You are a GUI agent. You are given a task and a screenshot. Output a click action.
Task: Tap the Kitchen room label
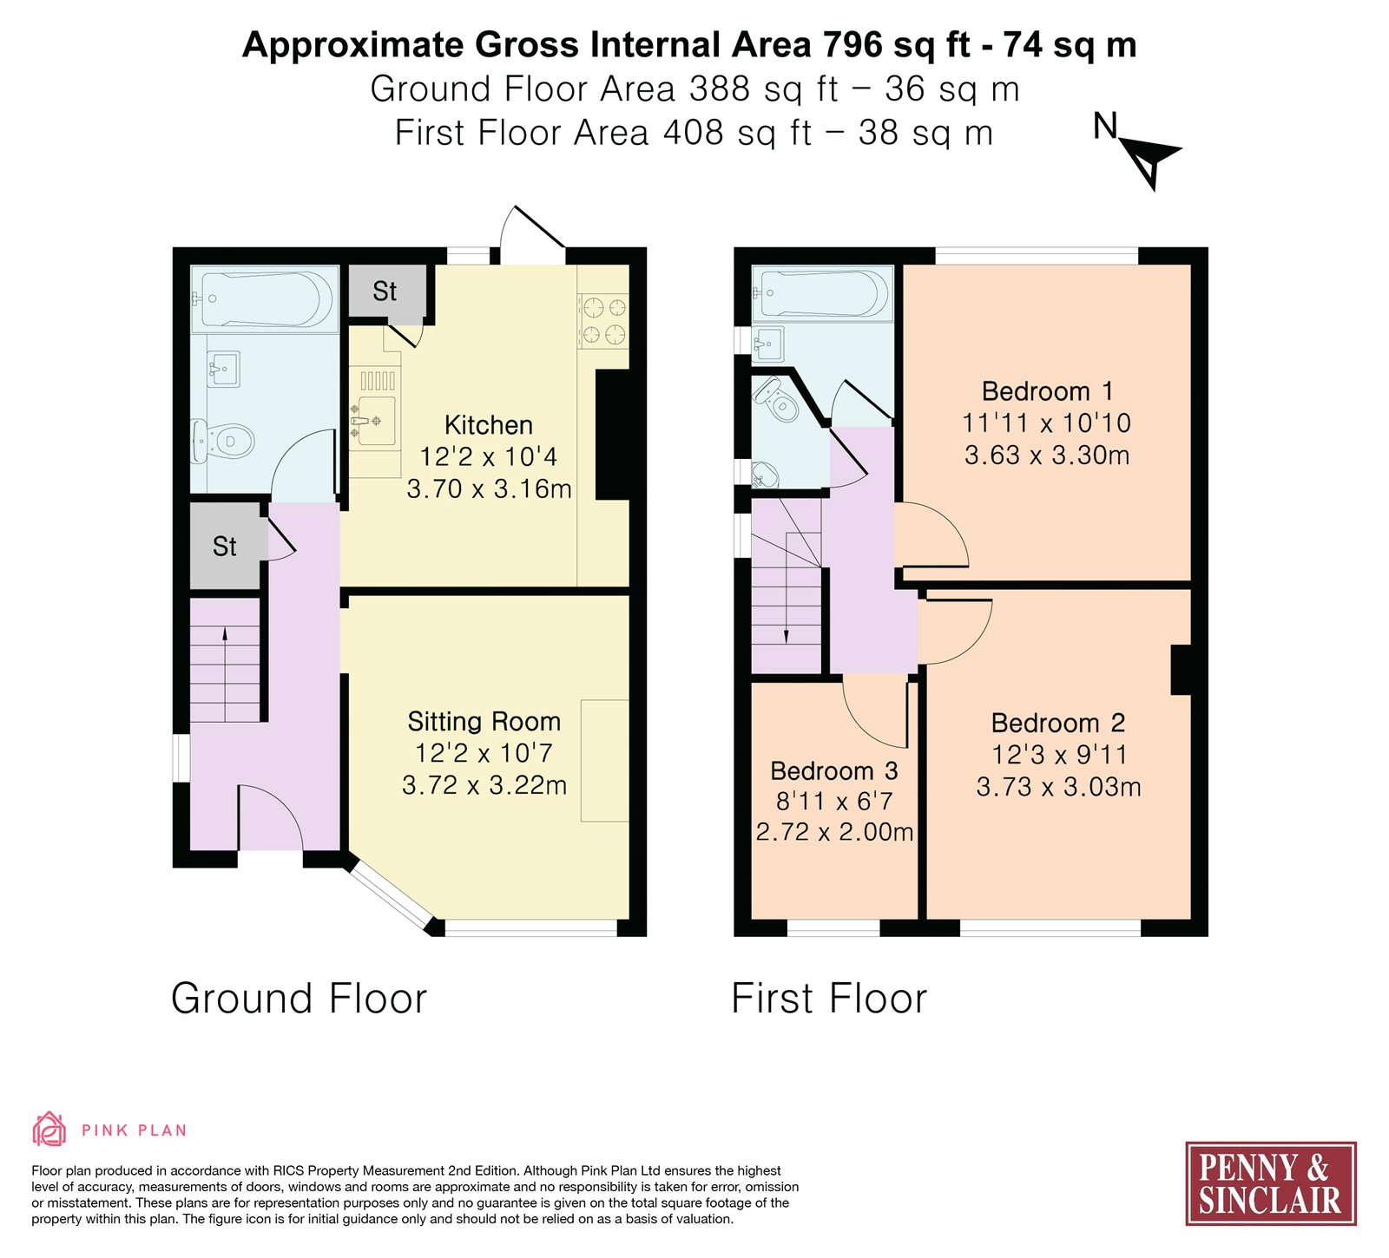(489, 425)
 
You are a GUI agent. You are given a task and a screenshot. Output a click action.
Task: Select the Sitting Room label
(484, 722)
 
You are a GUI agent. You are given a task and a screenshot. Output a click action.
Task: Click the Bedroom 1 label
(1047, 391)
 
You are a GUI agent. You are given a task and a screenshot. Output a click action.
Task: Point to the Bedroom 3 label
(834, 770)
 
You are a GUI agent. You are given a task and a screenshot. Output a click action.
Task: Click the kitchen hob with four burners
(603, 320)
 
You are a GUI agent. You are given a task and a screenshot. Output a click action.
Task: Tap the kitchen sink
(374, 421)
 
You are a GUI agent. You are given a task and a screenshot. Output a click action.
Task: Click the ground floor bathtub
(264, 299)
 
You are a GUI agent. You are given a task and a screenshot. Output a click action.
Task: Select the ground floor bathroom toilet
(223, 441)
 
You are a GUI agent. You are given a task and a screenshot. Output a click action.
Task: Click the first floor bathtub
(822, 293)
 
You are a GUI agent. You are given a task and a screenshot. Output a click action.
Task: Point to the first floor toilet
(776, 399)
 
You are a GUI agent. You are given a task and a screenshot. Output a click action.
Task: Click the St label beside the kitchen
(385, 292)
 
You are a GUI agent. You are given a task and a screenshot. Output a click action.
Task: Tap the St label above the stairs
(225, 547)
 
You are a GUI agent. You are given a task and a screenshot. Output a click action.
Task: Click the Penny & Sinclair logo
(1271, 1183)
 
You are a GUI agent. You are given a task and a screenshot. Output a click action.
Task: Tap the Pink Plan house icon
(49, 1130)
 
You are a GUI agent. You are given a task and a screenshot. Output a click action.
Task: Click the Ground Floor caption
(300, 999)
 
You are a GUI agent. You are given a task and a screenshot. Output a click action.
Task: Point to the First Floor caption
(829, 999)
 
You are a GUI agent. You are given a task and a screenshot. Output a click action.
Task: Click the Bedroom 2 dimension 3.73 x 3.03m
(1058, 787)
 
